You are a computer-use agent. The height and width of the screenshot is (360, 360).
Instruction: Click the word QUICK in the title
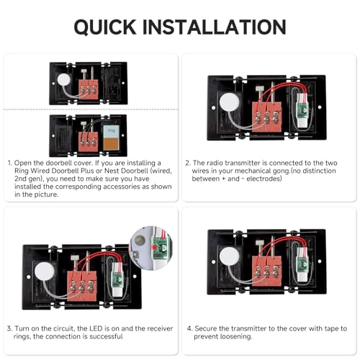105,27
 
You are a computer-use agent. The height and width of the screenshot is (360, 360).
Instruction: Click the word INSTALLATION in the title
214,27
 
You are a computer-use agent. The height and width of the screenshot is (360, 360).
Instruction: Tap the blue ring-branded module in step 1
111,132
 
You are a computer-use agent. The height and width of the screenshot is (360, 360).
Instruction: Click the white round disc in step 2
230,102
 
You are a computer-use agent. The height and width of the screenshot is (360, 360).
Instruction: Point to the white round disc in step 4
230,256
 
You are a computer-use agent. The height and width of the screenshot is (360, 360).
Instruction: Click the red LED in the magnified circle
153,247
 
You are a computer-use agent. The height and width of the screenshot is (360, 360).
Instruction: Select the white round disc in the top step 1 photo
64,80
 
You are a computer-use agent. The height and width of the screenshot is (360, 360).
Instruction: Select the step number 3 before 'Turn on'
9,328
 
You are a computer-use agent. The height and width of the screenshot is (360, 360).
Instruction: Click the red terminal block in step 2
266,117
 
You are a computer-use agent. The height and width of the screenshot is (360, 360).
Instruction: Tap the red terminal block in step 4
266,271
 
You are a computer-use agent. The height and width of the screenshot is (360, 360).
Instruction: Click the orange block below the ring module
111,144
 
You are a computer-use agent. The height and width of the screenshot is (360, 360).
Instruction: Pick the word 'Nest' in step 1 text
112,171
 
